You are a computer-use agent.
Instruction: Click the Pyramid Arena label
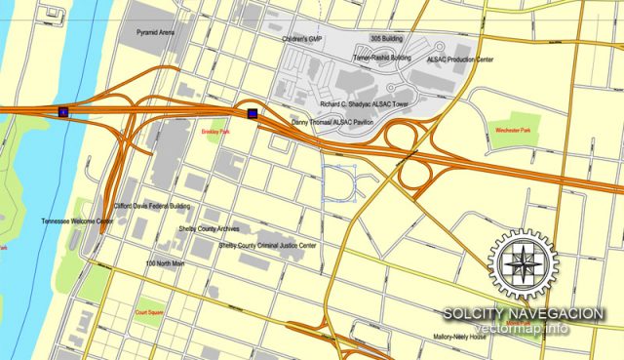[156, 32]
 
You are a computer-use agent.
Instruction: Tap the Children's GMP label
[302, 39]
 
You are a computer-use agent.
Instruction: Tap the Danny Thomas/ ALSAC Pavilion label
[332, 122]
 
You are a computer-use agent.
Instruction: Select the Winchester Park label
[513, 130]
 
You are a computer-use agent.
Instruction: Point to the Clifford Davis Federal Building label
[153, 207]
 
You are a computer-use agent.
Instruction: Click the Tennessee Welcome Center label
[77, 221]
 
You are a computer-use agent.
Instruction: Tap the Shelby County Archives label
[210, 228]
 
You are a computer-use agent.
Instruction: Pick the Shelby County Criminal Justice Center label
[254, 246]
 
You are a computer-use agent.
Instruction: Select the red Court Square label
[152, 313]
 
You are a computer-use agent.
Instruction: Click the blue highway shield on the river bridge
[63, 112]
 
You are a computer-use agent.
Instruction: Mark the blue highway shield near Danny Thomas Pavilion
[253, 112]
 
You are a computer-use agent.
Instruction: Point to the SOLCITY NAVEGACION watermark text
[523, 313]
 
